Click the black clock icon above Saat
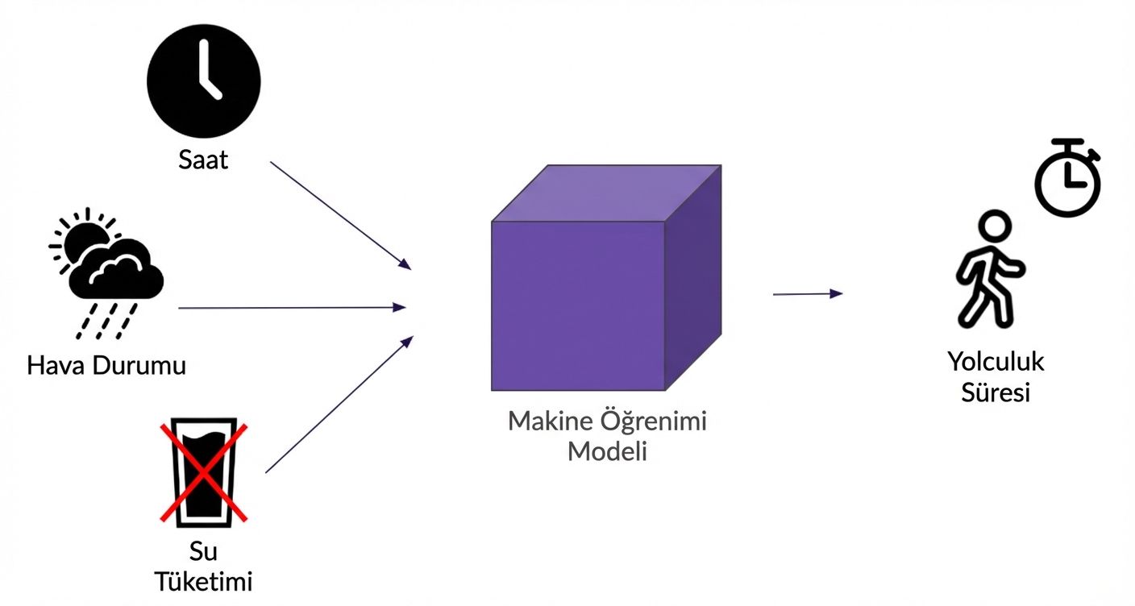pyautogui.click(x=203, y=81)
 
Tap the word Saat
pyautogui.click(x=203, y=160)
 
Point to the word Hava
pyautogui.click(x=57, y=365)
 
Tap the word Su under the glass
pyautogui.click(x=203, y=552)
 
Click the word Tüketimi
pyautogui.click(x=203, y=581)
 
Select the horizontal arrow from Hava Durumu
pyautogui.click(x=290, y=307)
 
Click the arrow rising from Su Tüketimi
pyautogui.click(x=339, y=405)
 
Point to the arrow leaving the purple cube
pyautogui.click(x=807, y=294)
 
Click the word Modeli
pyautogui.click(x=607, y=450)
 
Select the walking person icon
pyautogui.click(x=990, y=270)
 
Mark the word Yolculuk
pyautogui.click(x=996, y=361)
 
